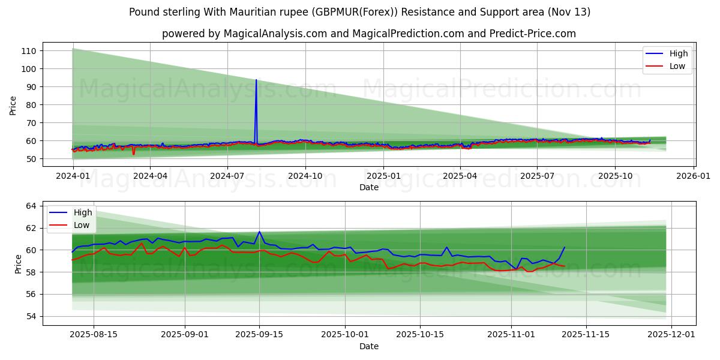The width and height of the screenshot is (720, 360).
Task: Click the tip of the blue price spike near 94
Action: point(256,80)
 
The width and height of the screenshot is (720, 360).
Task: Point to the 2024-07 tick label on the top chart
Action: point(227,176)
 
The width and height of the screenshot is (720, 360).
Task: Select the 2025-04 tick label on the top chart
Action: point(460,176)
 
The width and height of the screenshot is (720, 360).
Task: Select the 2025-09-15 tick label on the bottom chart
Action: point(260,335)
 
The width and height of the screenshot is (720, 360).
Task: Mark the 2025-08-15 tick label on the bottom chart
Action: point(94,335)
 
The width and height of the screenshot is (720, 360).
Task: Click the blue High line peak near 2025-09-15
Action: point(260,232)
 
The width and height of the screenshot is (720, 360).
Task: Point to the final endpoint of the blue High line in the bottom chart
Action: point(564,247)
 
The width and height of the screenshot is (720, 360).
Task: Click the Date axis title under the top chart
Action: point(368,187)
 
